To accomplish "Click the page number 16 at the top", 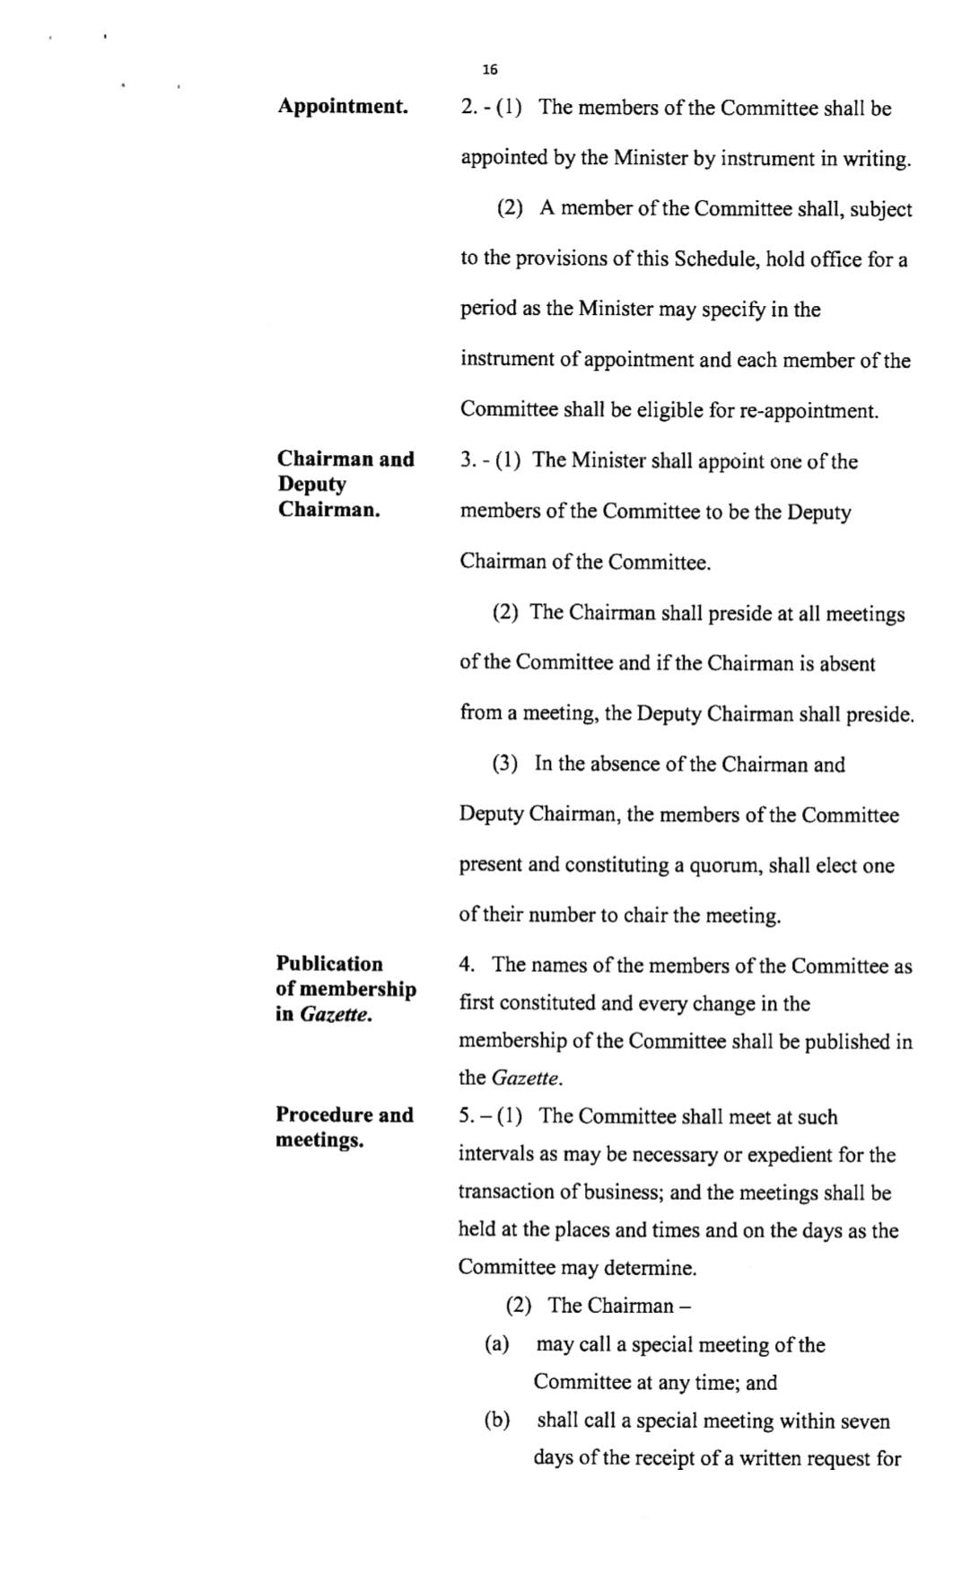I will [489, 70].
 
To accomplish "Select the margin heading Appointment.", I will [343, 107].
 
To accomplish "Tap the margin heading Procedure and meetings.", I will [345, 1127].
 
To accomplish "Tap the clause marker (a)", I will [496, 1343].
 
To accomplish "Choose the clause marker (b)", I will [496, 1420].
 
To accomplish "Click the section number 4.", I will [466, 965].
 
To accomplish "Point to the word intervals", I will [494, 1155].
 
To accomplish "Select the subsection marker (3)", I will [504, 765].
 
